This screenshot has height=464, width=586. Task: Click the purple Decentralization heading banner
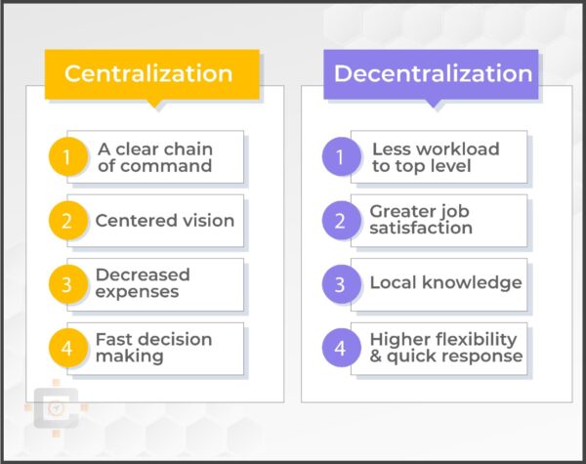coord(433,74)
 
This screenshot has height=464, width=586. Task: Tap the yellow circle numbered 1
coord(66,157)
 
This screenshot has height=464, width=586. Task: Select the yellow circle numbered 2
coord(66,221)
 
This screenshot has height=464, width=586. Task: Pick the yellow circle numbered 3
coord(66,284)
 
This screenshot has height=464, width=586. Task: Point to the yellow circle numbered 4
coord(66,349)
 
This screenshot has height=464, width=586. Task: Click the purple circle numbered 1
coord(340,157)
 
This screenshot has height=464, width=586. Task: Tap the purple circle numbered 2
coord(340,221)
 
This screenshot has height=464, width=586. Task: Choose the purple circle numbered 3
coord(340,284)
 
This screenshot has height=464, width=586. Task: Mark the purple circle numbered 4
coord(340,349)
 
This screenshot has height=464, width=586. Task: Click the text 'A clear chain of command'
coord(154,157)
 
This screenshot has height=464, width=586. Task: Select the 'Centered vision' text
coord(164,221)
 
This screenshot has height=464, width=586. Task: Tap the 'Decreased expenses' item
coord(143,283)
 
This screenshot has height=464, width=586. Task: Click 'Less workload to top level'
coord(435,157)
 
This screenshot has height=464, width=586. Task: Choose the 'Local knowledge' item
coord(445,283)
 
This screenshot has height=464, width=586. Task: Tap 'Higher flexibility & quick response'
coord(445,348)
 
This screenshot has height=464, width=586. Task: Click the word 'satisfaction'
coord(421,229)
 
